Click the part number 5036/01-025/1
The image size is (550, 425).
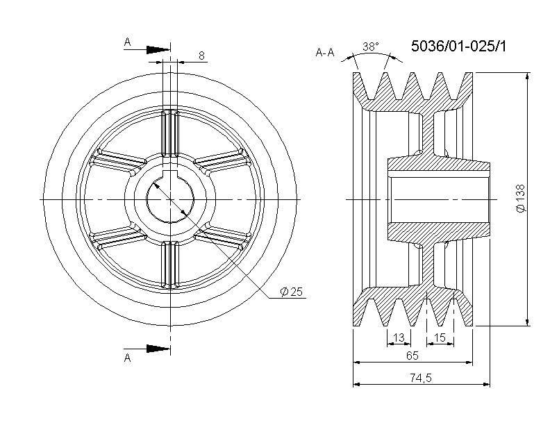point(458,47)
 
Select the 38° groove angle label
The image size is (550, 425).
point(371,47)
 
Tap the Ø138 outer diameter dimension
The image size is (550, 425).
point(522,198)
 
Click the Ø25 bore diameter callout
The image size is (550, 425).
point(291,292)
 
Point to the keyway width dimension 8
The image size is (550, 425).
point(201,56)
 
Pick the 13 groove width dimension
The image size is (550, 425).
point(399,337)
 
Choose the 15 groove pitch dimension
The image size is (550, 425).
point(440,337)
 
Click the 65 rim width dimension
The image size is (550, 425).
point(412,356)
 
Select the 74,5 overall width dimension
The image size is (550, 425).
point(421,378)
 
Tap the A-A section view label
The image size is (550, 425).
point(325,53)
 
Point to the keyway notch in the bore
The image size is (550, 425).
point(170,174)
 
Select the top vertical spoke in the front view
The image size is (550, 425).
point(170,133)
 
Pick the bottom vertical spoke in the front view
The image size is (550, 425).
point(170,265)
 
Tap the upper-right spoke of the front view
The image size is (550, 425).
point(223,161)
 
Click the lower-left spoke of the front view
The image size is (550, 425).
point(118,237)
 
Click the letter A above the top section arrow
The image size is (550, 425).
point(127,42)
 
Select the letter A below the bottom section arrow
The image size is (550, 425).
point(128,358)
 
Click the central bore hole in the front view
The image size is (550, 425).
point(170,199)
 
